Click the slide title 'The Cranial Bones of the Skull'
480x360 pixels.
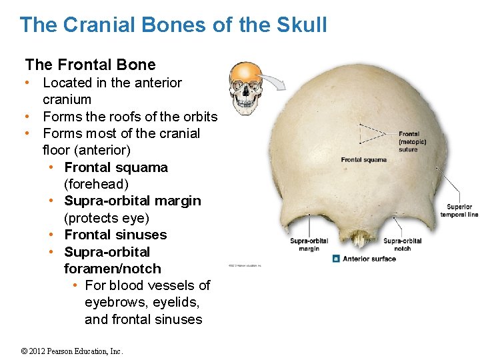(173, 25)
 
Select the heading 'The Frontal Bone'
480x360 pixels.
(90, 65)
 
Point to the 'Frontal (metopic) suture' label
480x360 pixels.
(412, 141)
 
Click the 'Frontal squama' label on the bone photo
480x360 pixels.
(363, 160)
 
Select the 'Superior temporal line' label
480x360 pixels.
(459, 211)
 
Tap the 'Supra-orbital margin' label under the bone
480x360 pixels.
(309, 245)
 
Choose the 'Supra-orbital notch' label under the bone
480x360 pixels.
(402, 245)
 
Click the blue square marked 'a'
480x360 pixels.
(337, 259)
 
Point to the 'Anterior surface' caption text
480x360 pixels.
(369, 259)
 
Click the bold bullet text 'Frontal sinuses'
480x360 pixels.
(115, 235)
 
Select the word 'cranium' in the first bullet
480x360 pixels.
(67, 99)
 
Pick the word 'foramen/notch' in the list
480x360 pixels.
(112, 269)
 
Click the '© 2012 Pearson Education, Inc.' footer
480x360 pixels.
(72, 351)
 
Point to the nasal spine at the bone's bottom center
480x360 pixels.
(359, 239)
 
